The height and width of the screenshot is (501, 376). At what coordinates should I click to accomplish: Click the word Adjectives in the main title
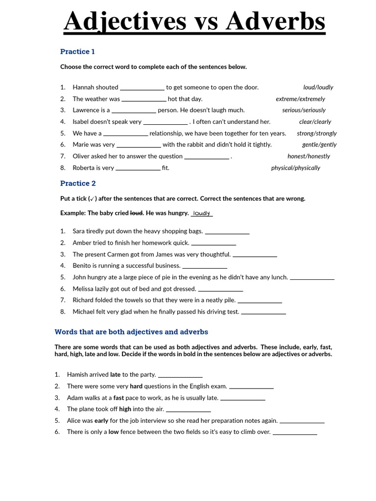pyautogui.click(x=124, y=22)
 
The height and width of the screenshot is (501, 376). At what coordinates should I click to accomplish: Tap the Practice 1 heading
pyautogui.click(x=77, y=51)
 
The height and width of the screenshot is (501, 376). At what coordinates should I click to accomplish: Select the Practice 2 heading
pyautogui.click(x=78, y=183)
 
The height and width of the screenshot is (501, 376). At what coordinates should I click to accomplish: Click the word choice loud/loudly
pyautogui.click(x=318, y=87)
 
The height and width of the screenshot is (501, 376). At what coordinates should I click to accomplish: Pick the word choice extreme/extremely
pyautogui.click(x=300, y=99)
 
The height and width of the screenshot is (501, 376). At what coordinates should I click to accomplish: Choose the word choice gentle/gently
pyautogui.click(x=319, y=145)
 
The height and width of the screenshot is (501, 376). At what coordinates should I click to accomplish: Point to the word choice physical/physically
pyautogui.click(x=295, y=168)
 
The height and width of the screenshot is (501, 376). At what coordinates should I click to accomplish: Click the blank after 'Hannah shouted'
pyautogui.click(x=142, y=88)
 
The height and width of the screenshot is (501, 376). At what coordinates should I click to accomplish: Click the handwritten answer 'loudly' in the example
pyautogui.click(x=202, y=213)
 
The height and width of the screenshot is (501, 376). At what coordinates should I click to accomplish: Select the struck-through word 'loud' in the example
pyautogui.click(x=136, y=213)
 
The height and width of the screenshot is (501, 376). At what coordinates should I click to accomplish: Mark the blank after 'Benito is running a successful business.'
pyautogui.click(x=205, y=267)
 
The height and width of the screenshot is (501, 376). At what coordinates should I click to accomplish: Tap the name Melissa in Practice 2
pyautogui.click(x=84, y=289)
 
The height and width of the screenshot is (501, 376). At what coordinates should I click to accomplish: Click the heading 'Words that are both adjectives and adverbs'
pyautogui.click(x=131, y=332)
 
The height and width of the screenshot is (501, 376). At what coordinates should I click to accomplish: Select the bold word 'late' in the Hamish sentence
pyautogui.click(x=116, y=375)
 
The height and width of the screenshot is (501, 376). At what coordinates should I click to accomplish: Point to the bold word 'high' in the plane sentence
pyautogui.click(x=125, y=409)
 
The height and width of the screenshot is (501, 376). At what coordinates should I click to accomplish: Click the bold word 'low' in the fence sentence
pyautogui.click(x=114, y=432)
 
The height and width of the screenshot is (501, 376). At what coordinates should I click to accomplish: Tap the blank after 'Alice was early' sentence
pyautogui.click(x=302, y=421)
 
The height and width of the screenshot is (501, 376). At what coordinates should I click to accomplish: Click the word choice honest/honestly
pyautogui.click(x=308, y=156)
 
